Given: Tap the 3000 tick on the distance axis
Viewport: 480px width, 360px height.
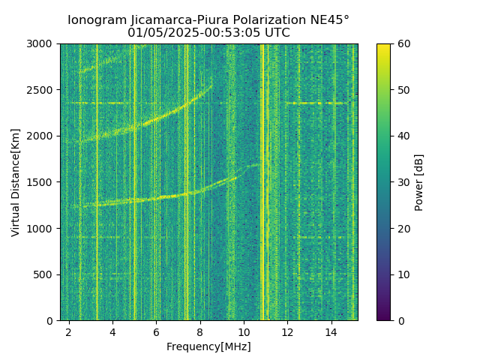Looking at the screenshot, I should (x=43, y=43).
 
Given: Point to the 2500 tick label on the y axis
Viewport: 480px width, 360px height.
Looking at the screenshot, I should (x=43, y=90).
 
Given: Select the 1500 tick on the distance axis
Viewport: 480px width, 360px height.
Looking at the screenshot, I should (x=43, y=182).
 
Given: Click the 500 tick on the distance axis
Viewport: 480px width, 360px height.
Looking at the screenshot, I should (x=46, y=274).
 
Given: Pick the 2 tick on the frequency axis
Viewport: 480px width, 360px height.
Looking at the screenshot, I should (x=69, y=331).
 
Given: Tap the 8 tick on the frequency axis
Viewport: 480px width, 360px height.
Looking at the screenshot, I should (x=200, y=331).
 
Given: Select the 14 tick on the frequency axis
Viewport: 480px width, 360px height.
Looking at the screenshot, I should (x=331, y=331).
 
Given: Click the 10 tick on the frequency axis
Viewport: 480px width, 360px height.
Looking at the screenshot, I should (x=244, y=331).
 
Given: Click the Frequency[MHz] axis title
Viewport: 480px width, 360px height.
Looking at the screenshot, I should (x=208, y=346).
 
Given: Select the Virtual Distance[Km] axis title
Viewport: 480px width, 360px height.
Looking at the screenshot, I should (x=16, y=182).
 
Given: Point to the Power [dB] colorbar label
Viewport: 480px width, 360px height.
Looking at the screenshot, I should (x=419, y=182).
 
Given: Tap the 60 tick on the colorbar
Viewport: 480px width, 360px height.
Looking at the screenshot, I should (x=403, y=43).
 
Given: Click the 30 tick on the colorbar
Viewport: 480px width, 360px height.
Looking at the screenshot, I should (x=403, y=182).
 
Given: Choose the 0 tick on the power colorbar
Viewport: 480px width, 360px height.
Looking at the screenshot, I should (x=400, y=320).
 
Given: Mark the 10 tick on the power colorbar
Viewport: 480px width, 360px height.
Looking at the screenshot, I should (x=403, y=274).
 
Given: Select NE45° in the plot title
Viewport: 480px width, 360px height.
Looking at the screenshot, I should (x=325, y=20).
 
